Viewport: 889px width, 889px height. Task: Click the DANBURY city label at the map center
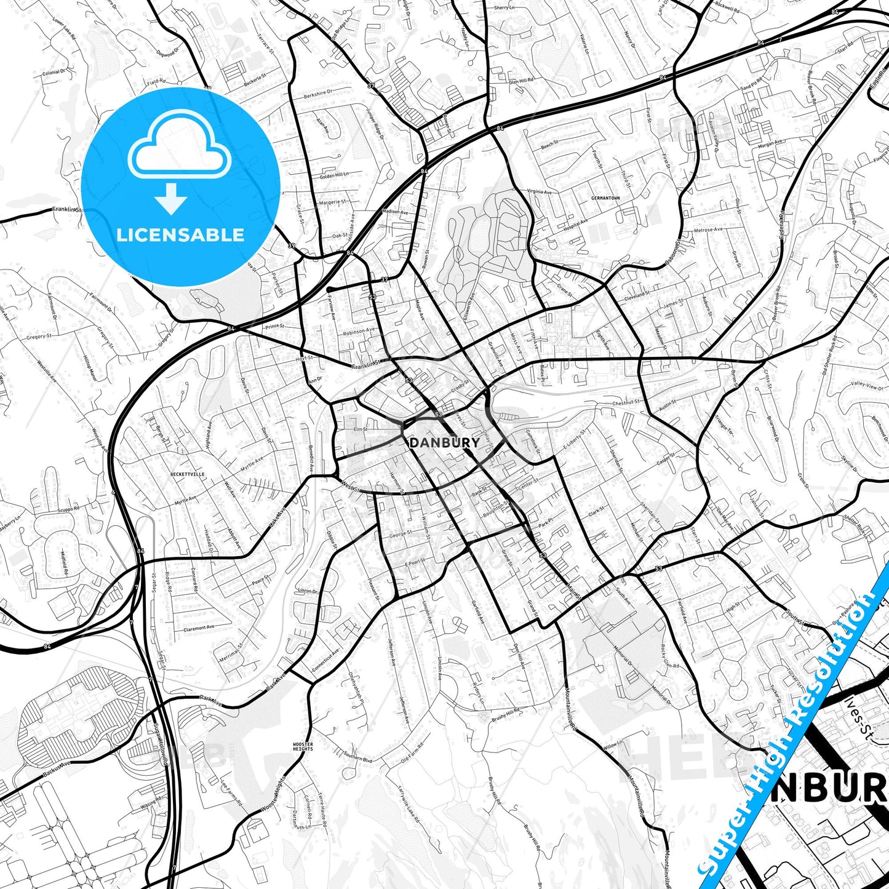444,442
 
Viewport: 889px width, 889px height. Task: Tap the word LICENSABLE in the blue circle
180,234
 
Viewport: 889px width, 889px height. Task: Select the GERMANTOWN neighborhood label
605,198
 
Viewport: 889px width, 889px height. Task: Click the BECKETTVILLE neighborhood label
187,474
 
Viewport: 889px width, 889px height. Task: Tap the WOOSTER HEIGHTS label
303,746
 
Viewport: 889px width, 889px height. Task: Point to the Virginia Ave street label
540,192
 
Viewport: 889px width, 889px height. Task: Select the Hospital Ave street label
576,223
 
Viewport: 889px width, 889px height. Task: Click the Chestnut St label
626,402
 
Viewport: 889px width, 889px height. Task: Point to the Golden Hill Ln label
334,175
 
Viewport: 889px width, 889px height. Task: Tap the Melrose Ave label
709,230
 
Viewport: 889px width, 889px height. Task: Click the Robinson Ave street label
359,331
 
